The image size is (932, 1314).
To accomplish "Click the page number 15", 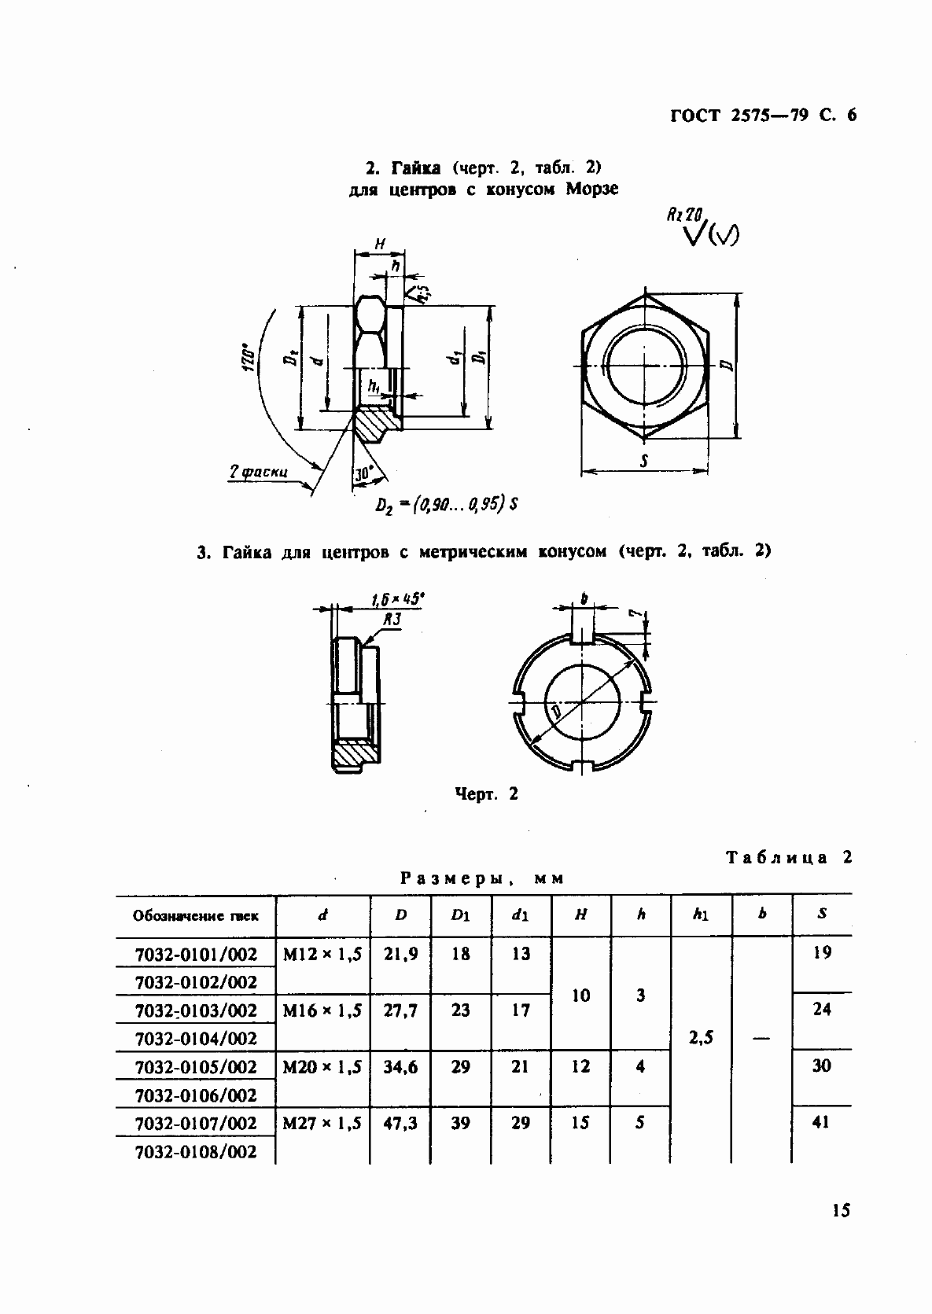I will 840,1209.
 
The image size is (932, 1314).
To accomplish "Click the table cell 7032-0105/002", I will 196,1066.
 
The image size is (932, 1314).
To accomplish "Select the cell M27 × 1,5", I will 322,1123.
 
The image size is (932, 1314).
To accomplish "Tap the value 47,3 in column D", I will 400,1123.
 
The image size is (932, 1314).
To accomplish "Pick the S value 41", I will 822,1122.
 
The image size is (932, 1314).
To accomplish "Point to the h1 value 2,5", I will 701,1037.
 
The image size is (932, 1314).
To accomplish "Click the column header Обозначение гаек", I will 196,915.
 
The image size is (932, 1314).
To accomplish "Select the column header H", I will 581,915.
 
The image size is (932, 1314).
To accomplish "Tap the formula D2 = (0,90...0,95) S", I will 446,504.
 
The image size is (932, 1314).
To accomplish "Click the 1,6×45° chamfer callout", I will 397,602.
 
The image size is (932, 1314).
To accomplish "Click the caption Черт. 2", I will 487,794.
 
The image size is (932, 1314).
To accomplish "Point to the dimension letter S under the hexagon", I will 643,462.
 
